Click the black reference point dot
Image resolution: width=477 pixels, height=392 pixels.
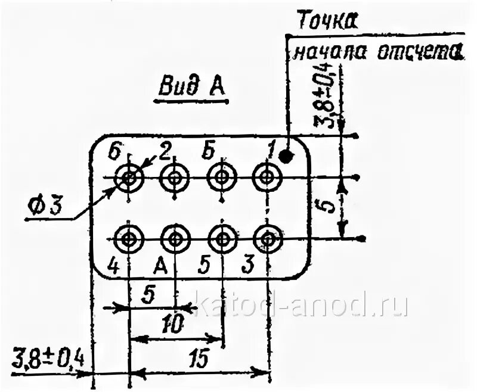[x=288, y=157]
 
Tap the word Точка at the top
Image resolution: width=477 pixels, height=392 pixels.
[x=326, y=21]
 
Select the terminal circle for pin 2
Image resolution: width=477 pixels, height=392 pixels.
[x=175, y=177]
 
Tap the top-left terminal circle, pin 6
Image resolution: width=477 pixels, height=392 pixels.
[x=129, y=177]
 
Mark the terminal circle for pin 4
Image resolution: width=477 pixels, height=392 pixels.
[x=129, y=239]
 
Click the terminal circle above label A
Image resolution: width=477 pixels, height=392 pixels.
[x=175, y=239]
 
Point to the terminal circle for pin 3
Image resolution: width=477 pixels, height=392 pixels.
[x=267, y=239]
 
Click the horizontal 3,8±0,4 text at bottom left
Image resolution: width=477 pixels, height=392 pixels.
[x=48, y=360]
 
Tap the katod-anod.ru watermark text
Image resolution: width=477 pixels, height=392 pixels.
[x=302, y=305]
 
